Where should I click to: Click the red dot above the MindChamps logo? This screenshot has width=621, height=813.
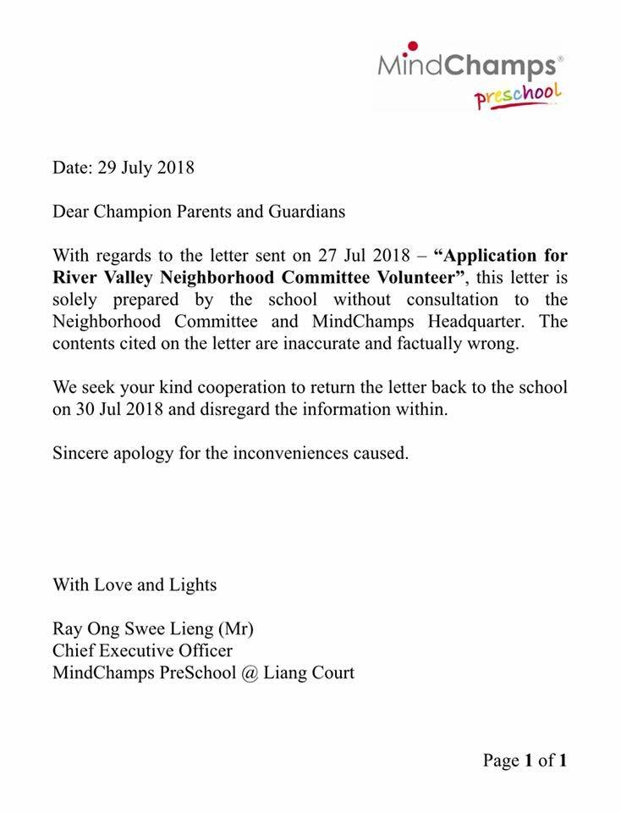pyautogui.click(x=411, y=47)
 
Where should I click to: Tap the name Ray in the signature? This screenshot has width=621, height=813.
pyautogui.click(x=67, y=628)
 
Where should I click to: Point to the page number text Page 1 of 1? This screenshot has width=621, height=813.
pyautogui.click(x=525, y=760)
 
